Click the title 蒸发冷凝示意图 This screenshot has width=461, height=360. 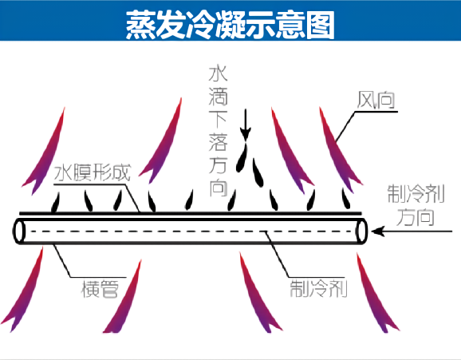coord(230,25)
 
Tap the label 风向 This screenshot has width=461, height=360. coord(376,100)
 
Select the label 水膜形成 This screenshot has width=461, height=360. coord(93,172)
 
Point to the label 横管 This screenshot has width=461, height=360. coord(100,289)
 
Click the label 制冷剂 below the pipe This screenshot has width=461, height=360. coord(318,289)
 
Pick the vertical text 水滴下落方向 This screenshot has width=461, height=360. coord(219,131)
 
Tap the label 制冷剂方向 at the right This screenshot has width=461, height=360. coord(416,205)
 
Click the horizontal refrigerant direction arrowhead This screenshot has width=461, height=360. coord(378,231)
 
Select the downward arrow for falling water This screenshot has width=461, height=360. coord(245,124)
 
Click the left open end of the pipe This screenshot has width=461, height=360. coord(19,231)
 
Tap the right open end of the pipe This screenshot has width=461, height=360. coord(361,231)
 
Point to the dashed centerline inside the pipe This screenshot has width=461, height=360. coord(192,231)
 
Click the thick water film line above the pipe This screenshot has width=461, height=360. coord(191,213)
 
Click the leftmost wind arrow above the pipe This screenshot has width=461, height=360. coord(45,152)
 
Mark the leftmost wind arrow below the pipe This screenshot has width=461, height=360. coord(23,290)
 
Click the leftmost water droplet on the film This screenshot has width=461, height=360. coord(56,202)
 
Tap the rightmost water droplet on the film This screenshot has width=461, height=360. coord(346,199)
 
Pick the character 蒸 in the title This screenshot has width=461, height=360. coord(141,25)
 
